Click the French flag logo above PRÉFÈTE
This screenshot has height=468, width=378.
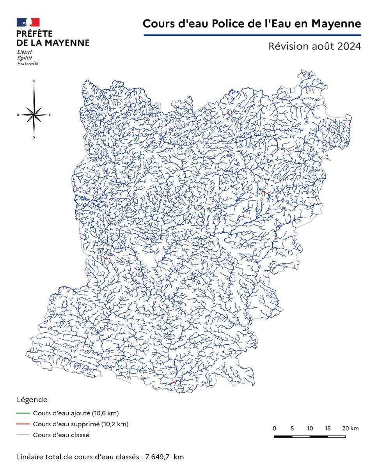click(28, 22)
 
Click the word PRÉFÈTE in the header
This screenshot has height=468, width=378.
click(34, 34)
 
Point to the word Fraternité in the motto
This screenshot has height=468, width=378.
click(27, 64)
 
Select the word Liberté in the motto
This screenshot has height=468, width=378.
click(25, 52)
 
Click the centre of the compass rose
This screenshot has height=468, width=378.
click(34, 115)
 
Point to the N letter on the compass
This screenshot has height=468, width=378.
click(34, 81)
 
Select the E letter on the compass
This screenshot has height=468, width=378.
click(50, 115)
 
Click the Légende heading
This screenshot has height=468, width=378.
click(32, 400)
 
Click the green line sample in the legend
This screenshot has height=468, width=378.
click(23, 413)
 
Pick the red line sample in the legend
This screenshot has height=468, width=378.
click(23, 424)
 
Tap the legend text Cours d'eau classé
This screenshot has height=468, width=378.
click(61, 435)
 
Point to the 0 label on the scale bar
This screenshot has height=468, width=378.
click(275, 428)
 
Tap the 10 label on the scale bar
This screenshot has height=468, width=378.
click(310, 428)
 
